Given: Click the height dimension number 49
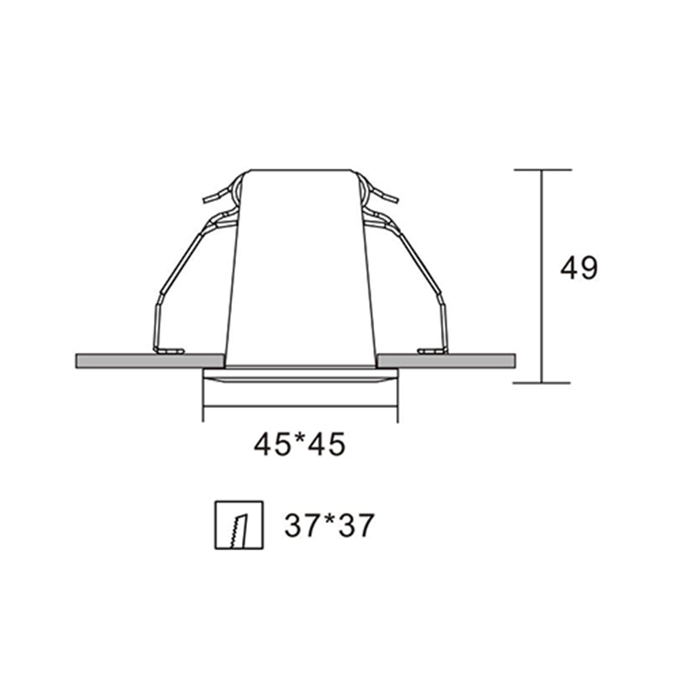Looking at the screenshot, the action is (x=579, y=267).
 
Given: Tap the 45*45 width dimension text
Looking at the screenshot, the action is (x=300, y=444).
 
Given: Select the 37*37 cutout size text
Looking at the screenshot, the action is (x=329, y=525).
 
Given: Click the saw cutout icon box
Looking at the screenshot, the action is (x=239, y=525).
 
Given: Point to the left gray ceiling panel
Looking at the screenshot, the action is (x=151, y=361).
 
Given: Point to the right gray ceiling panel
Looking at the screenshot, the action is (x=446, y=361).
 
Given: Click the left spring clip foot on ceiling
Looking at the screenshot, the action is (x=169, y=351).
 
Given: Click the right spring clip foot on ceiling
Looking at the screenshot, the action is (x=432, y=351).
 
